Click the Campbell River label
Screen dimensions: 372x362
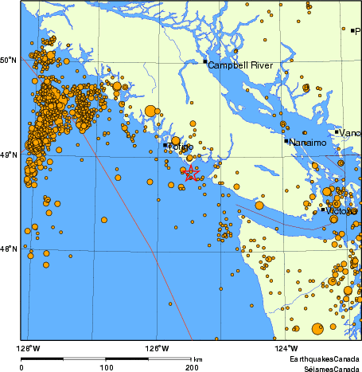click(x=239, y=65)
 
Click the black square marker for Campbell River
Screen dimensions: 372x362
click(x=205, y=61)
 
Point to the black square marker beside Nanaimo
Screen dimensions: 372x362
click(x=286, y=141)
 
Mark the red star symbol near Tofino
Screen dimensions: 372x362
click(x=190, y=173)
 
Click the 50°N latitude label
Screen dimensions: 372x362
click(x=8, y=60)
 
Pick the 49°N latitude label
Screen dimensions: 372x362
click(x=8, y=155)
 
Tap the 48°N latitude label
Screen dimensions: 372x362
click(x=8, y=249)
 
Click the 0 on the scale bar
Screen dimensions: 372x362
click(x=21, y=367)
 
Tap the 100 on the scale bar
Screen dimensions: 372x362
click(x=106, y=367)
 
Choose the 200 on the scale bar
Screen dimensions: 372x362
click(x=191, y=367)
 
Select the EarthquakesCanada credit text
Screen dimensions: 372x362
click(x=324, y=360)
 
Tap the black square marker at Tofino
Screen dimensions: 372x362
click(x=165, y=145)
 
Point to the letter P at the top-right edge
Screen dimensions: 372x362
click(x=358, y=31)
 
